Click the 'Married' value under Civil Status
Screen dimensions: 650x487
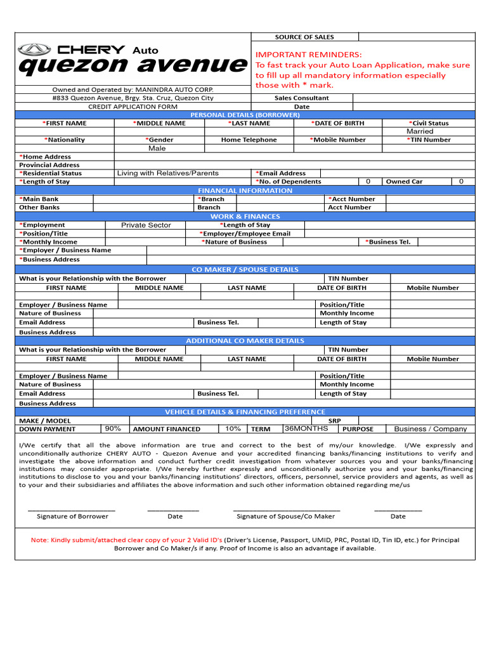click(x=420, y=131)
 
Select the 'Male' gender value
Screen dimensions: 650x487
click(x=157, y=148)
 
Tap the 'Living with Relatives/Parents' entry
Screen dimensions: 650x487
click(x=167, y=173)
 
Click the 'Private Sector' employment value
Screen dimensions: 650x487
click(x=146, y=225)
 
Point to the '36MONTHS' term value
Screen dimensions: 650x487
click(x=306, y=428)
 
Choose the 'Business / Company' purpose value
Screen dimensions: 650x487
click(x=430, y=429)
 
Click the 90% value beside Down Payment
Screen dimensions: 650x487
click(x=113, y=428)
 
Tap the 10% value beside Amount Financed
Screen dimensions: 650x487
click(x=233, y=428)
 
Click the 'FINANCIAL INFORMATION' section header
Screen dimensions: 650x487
click(x=245, y=190)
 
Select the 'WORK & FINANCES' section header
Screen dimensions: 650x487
click(x=245, y=216)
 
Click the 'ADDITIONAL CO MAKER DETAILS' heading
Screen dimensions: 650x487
click(x=245, y=341)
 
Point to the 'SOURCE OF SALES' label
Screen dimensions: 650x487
click(x=304, y=37)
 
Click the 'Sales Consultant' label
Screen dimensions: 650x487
click(x=301, y=98)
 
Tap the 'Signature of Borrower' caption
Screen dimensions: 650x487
click(x=72, y=516)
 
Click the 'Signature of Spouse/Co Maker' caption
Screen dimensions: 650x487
click(x=285, y=516)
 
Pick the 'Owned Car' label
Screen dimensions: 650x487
click(x=404, y=182)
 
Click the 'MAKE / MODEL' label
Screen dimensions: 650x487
click(x=45, y=421)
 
